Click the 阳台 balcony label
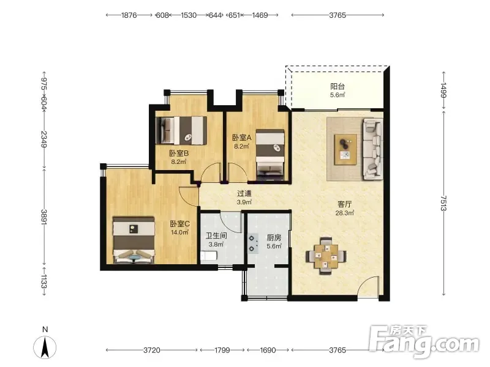click(337, 86)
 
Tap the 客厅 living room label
click(345, 204)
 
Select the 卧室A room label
click(241, 137)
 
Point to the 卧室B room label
click(179, 154)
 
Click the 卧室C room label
click(179, 224)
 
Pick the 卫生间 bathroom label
click(216, 235)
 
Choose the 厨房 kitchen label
click(274, 238)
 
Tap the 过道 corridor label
click(244, 194)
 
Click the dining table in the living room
click(326, 256)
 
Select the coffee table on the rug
click(345, 149)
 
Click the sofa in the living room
click(372, 149)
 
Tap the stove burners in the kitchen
click(253, 243)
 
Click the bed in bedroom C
click(134, 240)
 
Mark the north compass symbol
click(45, 347)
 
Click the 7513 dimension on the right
click(443, 203)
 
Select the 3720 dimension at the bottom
click(152, 350)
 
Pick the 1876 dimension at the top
click(129, 15)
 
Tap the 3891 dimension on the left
click(44, 217)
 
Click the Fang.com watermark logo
click(424, 341)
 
